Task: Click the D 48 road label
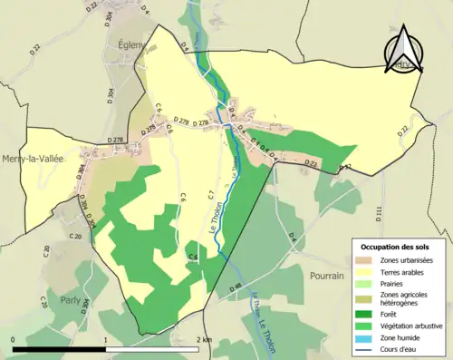[x=237, y=288]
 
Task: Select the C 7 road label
[x=209, y=194]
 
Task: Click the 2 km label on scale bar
[x=205, y=340]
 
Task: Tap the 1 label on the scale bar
[x=107, y=340]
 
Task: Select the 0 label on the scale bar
[x=14, y=340]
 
